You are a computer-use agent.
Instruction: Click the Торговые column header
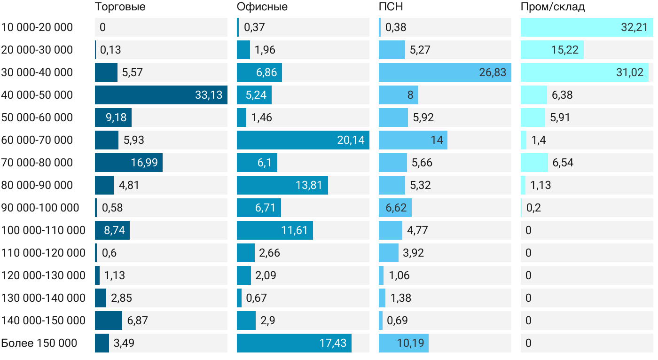click(120, 7)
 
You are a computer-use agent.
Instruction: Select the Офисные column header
click(262, 7)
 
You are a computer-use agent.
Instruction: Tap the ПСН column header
click(391, 7)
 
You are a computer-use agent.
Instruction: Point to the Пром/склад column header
click(553, 7)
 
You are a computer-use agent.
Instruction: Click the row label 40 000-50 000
click(37, 95)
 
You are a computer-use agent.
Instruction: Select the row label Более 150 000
click(39, 343)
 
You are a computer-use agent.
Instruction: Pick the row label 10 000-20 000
click(37, 27)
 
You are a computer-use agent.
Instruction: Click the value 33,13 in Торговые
click(209, 95)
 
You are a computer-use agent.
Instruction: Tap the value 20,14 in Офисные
click(351, 140)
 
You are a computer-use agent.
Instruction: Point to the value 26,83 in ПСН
click(493, 72)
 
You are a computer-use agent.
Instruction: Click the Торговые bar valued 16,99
click(129, 163)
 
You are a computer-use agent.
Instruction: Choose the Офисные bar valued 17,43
click(294, 343)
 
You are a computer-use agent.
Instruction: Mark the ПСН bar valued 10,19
click(404, 343)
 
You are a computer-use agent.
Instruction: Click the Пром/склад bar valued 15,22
click(552, 50)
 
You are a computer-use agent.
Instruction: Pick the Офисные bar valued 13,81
click(282, 185)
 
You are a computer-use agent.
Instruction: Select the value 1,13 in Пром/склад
click(540, 185)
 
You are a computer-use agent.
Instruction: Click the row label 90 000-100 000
click(40, 208)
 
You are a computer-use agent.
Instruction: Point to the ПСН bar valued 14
click(413, 140)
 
